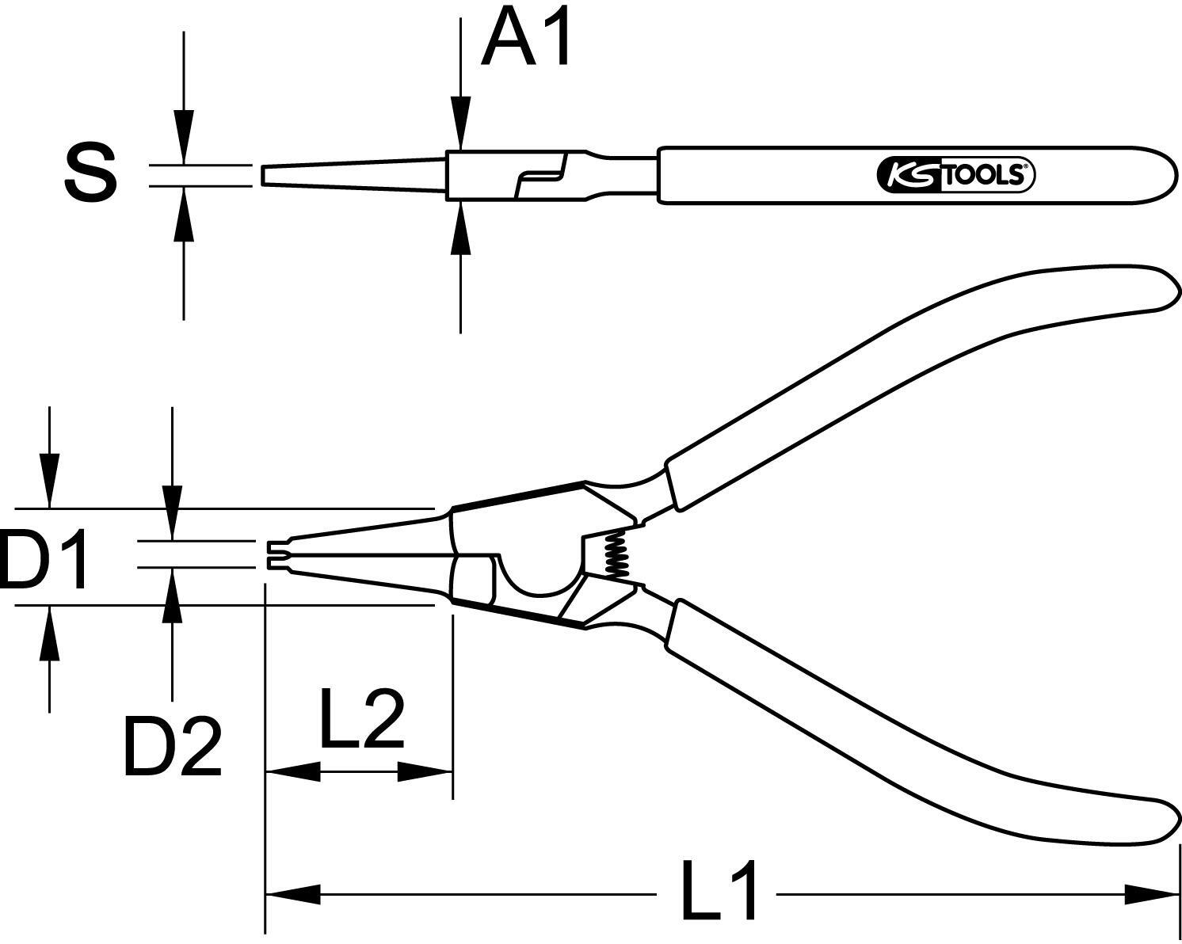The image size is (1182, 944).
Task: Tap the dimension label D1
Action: click(43, 559)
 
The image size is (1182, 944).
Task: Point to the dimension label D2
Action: click(173, 747)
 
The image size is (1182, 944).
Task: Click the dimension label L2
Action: click(362, 718)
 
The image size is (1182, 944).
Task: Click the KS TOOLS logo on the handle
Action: click(955, 176)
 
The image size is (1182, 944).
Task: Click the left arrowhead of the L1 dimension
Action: click(293, 894)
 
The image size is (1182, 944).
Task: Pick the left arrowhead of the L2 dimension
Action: click(293, 771)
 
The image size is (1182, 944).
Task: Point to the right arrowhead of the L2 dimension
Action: click(425, 771)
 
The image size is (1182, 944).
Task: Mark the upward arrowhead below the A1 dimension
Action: click(461, 227)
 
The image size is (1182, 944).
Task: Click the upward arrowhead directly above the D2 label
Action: click(173, 596)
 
